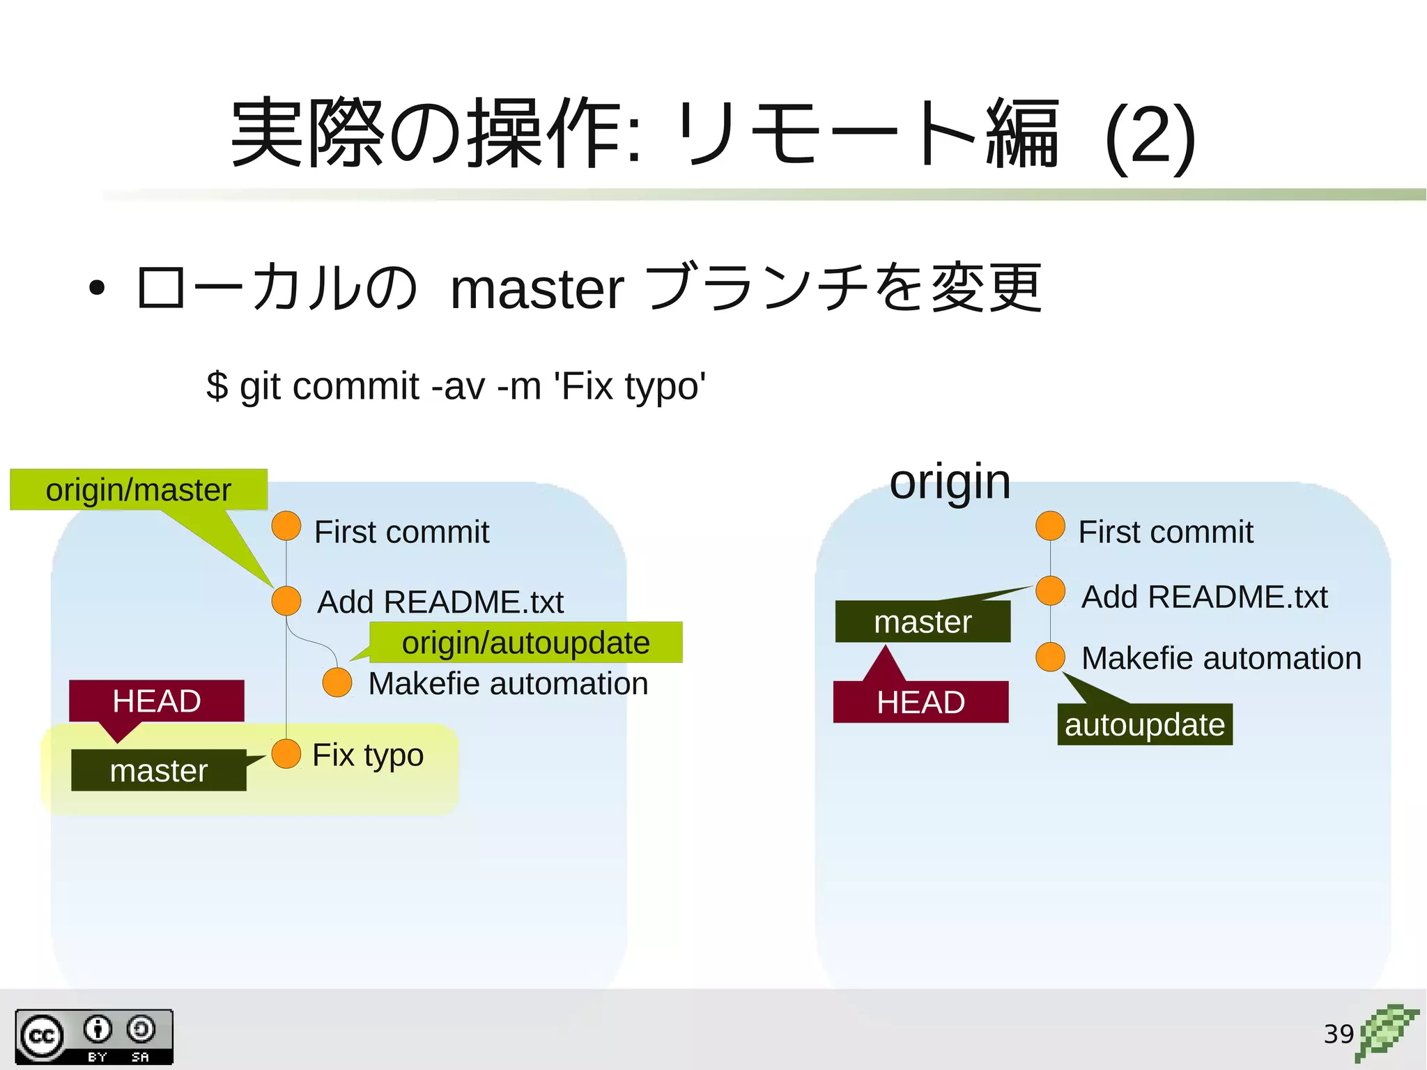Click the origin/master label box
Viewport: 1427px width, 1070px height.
[x=139, y=489]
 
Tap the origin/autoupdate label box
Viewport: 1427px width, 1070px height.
[x=525, y=642]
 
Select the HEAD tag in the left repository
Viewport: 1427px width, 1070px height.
[x=157, y=701]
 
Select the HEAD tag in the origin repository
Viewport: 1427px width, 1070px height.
[x=920, y=702]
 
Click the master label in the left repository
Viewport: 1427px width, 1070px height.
[x=159, y=770]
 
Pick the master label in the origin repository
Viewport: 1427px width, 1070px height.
[x=923, y=621]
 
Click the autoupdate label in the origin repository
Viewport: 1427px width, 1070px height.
[x=1145, y=724]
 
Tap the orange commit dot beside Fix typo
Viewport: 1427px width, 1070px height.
[x=286, y=754]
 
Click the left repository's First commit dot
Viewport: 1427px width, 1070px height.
[x=286, y=526]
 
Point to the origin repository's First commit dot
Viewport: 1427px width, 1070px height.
[x=1050, y=526]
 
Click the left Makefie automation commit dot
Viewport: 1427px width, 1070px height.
[x=337, y=682]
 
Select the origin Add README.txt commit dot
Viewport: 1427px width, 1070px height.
[x=1050, y=591]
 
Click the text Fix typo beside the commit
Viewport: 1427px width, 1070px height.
[x=368, y=755]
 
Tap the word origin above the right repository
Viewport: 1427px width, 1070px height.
[x=950, y=482]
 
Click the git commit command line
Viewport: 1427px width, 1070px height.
[x=456, y=386]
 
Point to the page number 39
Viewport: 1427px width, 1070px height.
[x=1338, y=1033]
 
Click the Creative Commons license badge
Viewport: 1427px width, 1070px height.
[x=94, y=1037]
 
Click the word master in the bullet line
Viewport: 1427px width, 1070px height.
[x=537, y=289]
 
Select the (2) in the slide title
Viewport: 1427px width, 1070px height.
[x=1150, y=136]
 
